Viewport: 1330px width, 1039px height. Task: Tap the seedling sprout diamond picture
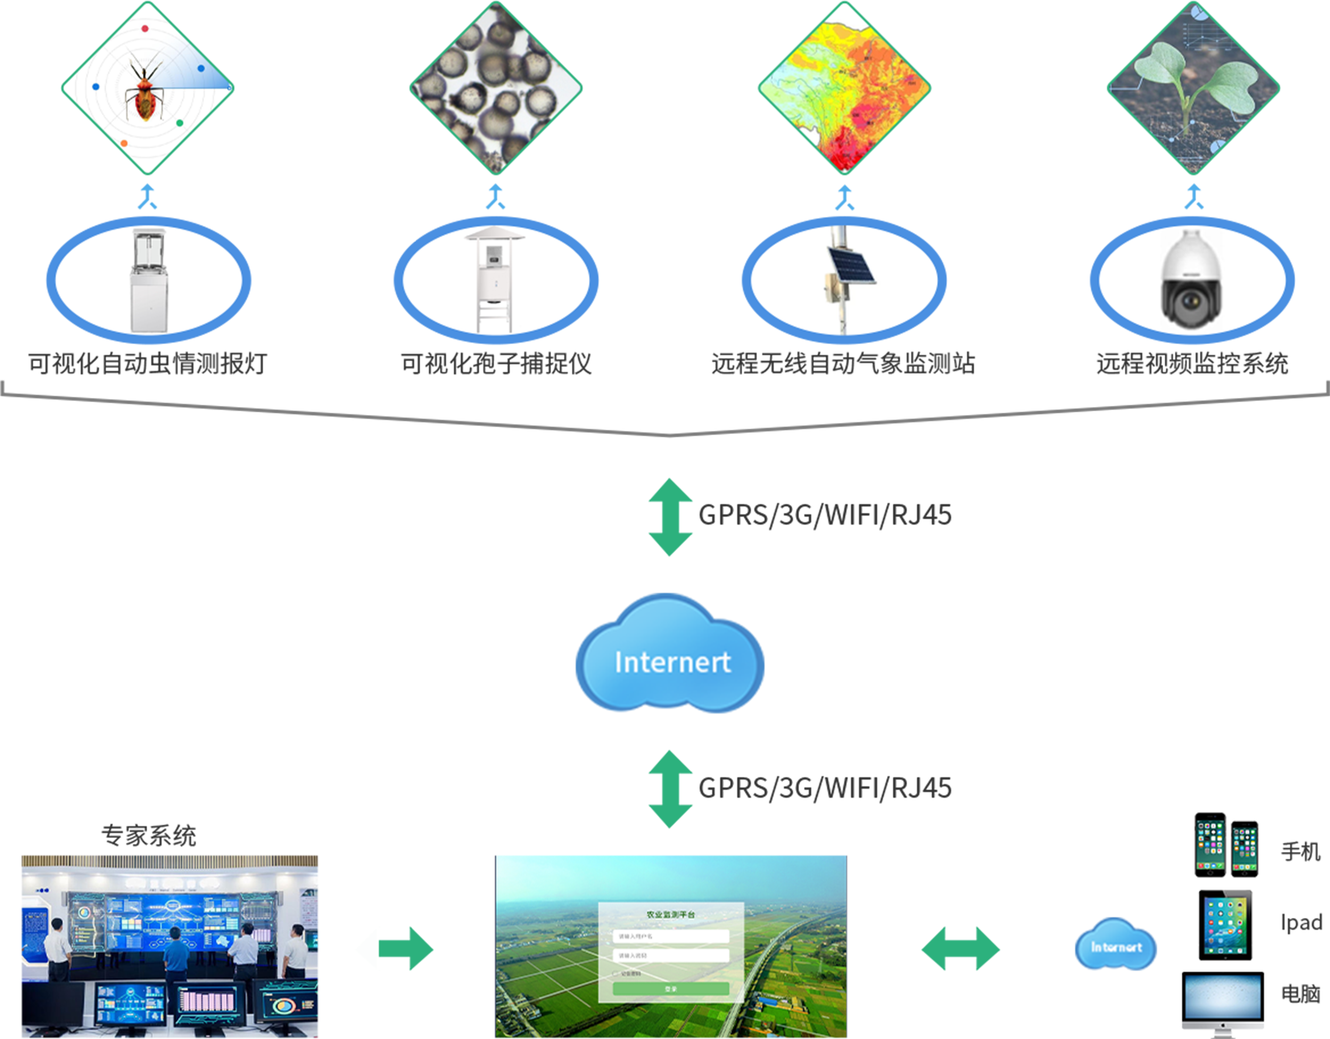(x=1193, y=88)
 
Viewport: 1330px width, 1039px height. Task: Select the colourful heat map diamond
(x=845, y=88)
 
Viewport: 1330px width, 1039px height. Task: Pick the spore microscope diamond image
(x=495, y=88)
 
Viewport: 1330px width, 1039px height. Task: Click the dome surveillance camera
(x=1191, y=280)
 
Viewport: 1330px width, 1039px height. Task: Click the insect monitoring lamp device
(x=148, y=280)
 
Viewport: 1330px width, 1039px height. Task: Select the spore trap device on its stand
(x=495, y=280)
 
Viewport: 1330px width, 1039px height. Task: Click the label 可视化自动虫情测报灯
(x=148, y=364)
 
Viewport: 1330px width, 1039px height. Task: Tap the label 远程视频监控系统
(x=1192, y=364)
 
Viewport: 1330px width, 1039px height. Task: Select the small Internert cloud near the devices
(x=1116, y=946)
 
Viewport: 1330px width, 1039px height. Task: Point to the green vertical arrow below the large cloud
(x=671, y=789)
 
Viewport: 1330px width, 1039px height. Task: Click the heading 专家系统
(x=148, y=836)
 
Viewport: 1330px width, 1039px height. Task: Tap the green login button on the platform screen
(x=671, y=989)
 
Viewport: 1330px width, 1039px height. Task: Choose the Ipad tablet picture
(x=1225, y=925)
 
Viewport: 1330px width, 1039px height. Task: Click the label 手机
(x=1301, y=851)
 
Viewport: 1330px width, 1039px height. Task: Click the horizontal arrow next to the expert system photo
(x=395, y=949)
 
